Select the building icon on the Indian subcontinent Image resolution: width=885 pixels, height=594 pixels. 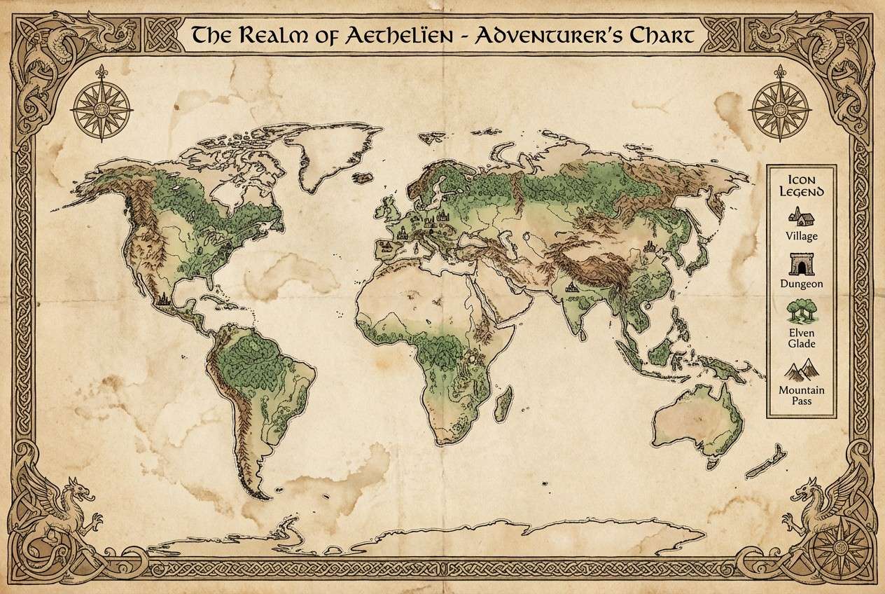coord(573,286)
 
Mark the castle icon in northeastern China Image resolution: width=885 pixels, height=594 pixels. coord(648,246)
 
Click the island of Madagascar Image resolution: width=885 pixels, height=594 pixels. coord(501,407)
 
